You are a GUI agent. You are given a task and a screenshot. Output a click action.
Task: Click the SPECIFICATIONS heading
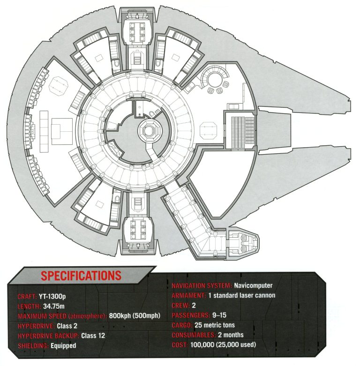tap(81, 276)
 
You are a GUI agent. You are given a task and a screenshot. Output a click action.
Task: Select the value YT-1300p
tap(52, 297)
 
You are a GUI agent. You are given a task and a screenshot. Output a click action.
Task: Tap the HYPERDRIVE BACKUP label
tap(48, 336)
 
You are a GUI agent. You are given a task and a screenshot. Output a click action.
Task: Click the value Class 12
tap(93, 336)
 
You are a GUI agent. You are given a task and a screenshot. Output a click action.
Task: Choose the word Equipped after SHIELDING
tap(63, 346)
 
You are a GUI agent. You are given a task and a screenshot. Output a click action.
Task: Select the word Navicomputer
tap(253, 285)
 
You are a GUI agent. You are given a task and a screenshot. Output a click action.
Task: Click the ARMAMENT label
tap(189, 296)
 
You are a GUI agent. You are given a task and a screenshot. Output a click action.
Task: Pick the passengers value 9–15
tap(219, 315)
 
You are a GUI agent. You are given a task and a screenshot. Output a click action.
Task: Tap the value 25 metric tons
tap(215, 325)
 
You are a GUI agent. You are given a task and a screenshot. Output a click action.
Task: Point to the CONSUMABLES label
tap(194, 335)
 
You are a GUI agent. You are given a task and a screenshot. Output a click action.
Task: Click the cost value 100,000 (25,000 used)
tap(223, 345)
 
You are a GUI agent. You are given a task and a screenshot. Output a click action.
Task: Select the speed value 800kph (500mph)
tap(135, 316)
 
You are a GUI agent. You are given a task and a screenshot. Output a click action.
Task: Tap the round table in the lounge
tap(215, 79)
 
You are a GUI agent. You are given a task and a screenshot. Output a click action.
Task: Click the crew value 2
tap(194, 305)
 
